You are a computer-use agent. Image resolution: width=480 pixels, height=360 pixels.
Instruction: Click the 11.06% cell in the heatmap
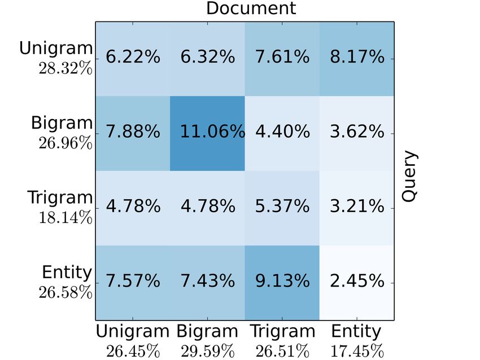tap(207, 133)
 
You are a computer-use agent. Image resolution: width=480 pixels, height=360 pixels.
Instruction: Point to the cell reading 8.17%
tap(357, 58)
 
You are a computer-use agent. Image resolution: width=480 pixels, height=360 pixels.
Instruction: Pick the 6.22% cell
tap(133, 58)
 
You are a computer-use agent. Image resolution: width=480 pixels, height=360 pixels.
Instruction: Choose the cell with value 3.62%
tap(357, 133)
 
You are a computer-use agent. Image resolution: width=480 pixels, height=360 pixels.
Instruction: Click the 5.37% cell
tap(282, 207)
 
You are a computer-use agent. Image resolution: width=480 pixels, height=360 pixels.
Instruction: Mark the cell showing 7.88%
tap(133, 133)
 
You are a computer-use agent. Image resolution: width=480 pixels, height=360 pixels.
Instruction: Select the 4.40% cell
tap(282, 133)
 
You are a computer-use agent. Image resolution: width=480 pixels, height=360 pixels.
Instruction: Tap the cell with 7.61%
tap(282, 58)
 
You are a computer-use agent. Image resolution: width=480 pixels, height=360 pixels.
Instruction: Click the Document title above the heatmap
tap(250, 8)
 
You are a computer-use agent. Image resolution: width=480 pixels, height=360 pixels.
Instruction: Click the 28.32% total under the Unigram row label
tap(65, 68)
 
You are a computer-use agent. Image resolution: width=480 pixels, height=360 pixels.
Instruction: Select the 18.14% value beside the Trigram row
tap(65, 218)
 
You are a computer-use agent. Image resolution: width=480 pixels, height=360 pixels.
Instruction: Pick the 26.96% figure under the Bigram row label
tap(65, 143)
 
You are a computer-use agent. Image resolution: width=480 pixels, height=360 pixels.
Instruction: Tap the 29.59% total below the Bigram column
tap(207, 350)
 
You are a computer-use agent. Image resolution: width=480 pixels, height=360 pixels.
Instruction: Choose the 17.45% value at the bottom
tap(356, 350)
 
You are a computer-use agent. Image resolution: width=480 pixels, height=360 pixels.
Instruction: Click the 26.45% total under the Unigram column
tap(133, 350)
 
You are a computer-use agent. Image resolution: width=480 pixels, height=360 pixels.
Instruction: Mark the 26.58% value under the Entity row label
tap(65, 292)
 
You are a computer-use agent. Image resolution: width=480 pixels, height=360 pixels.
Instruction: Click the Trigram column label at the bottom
tap(282, 332)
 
